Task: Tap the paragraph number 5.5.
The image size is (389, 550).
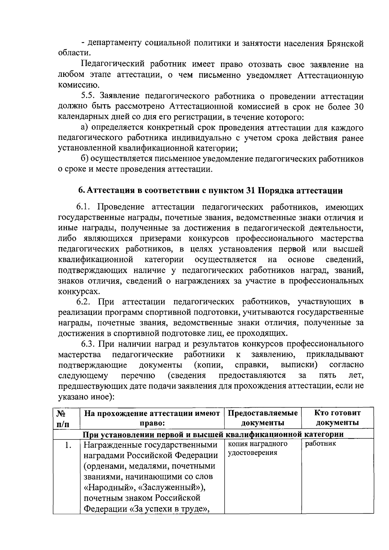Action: [x=88, y=96]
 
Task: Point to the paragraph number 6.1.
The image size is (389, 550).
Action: [x=83, y=207]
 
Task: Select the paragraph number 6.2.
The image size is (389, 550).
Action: [x=83, y=302]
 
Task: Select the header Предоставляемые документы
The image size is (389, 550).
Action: [x=263, y=418]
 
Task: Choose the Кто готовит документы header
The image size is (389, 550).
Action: [x=337, y=418]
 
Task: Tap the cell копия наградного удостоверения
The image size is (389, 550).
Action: [x=258, y=448]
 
